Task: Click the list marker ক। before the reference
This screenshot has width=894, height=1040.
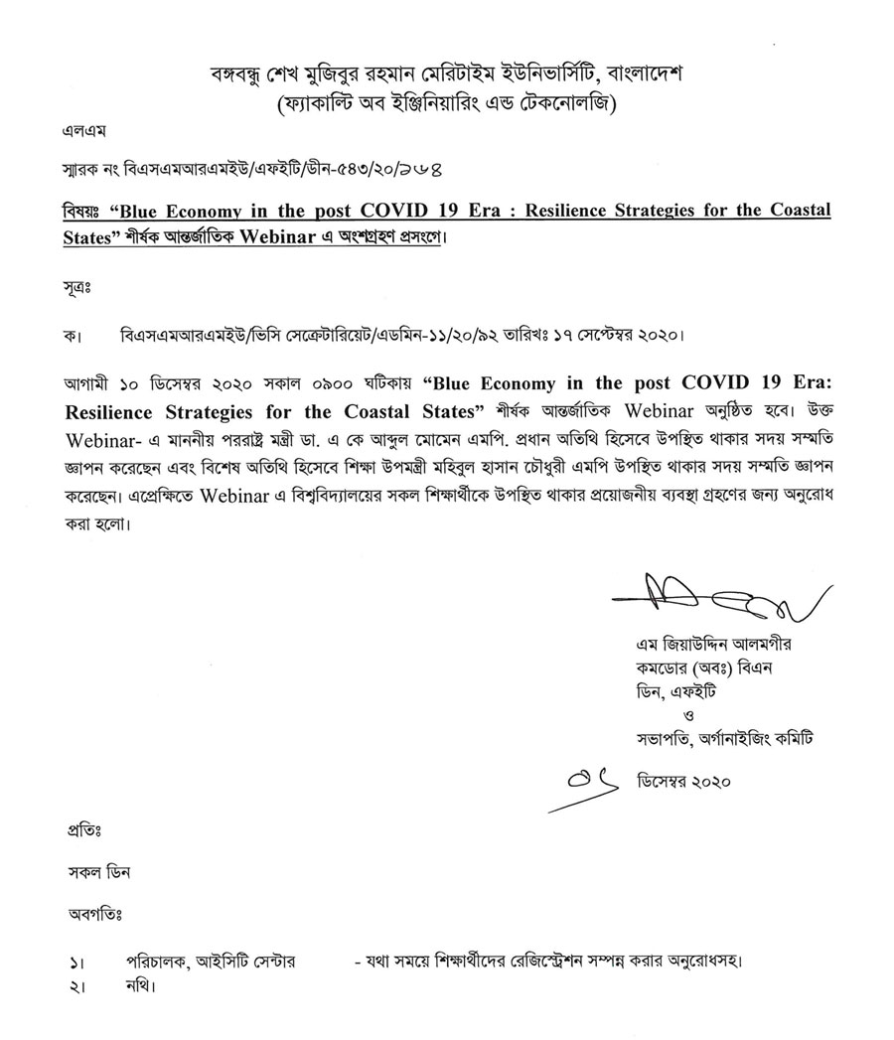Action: point(69,333)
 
